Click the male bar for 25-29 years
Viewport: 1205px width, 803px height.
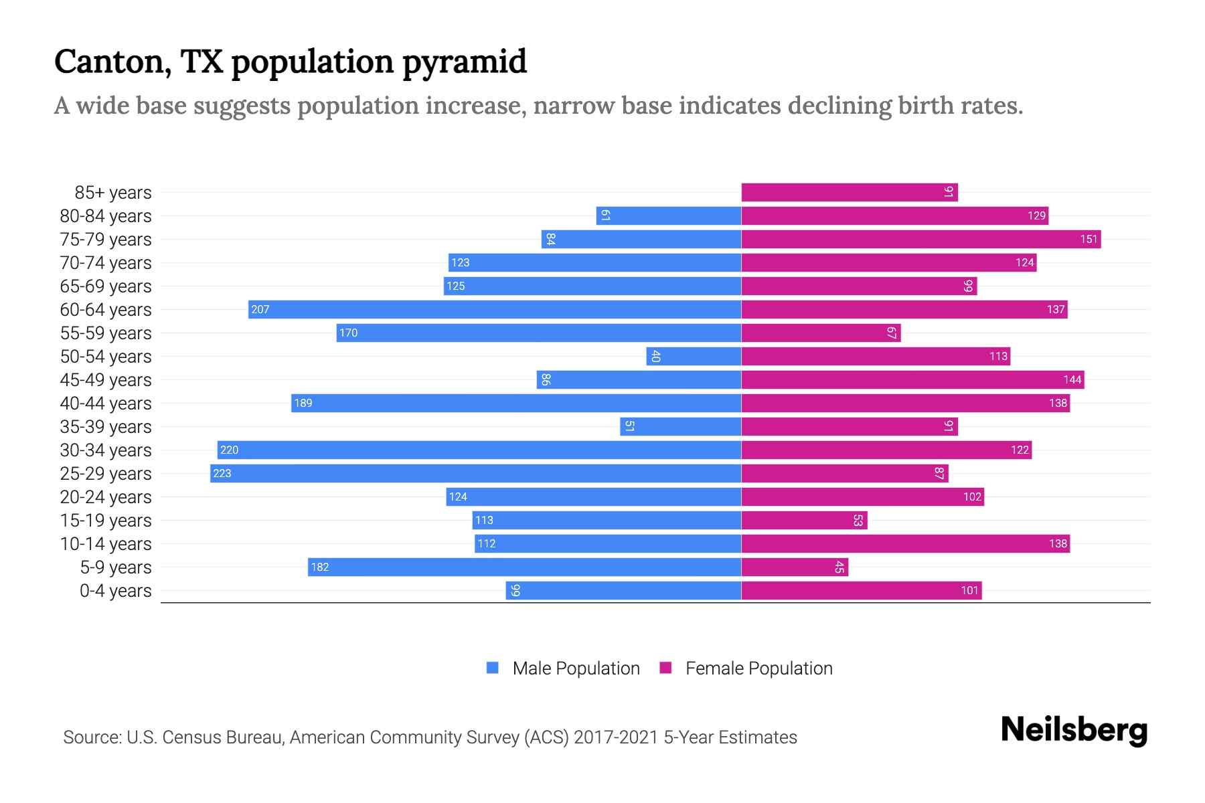(x=475, y=474)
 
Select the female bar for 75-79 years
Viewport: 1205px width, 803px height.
(x=920, y=240)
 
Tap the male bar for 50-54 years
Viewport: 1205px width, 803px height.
(x=694, y=357)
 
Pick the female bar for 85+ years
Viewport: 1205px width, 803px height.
(x=849, y=193)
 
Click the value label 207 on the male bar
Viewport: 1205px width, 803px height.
(x=260, y=310)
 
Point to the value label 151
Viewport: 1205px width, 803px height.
(x=1089, y=240)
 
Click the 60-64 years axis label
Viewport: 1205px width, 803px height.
(x=106, y=310)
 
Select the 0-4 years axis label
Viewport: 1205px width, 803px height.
(x=115, y=591)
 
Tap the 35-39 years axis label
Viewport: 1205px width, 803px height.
(x=106, y=427)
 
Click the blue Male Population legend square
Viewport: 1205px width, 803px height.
(x=493, y=668)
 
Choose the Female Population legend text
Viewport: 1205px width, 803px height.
(x=758, y=668)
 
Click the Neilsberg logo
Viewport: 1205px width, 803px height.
(x=1074, y=730)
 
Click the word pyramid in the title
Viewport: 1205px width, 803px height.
(x=465, y=62)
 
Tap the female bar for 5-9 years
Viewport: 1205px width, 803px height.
(x=794, y=567)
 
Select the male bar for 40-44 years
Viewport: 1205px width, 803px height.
(x=515, y=404)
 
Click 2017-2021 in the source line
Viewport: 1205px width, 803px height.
(x=616, y=737)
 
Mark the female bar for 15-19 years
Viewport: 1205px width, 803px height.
(x=803, y=521)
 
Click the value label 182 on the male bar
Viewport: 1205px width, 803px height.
(x=320, y=567)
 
